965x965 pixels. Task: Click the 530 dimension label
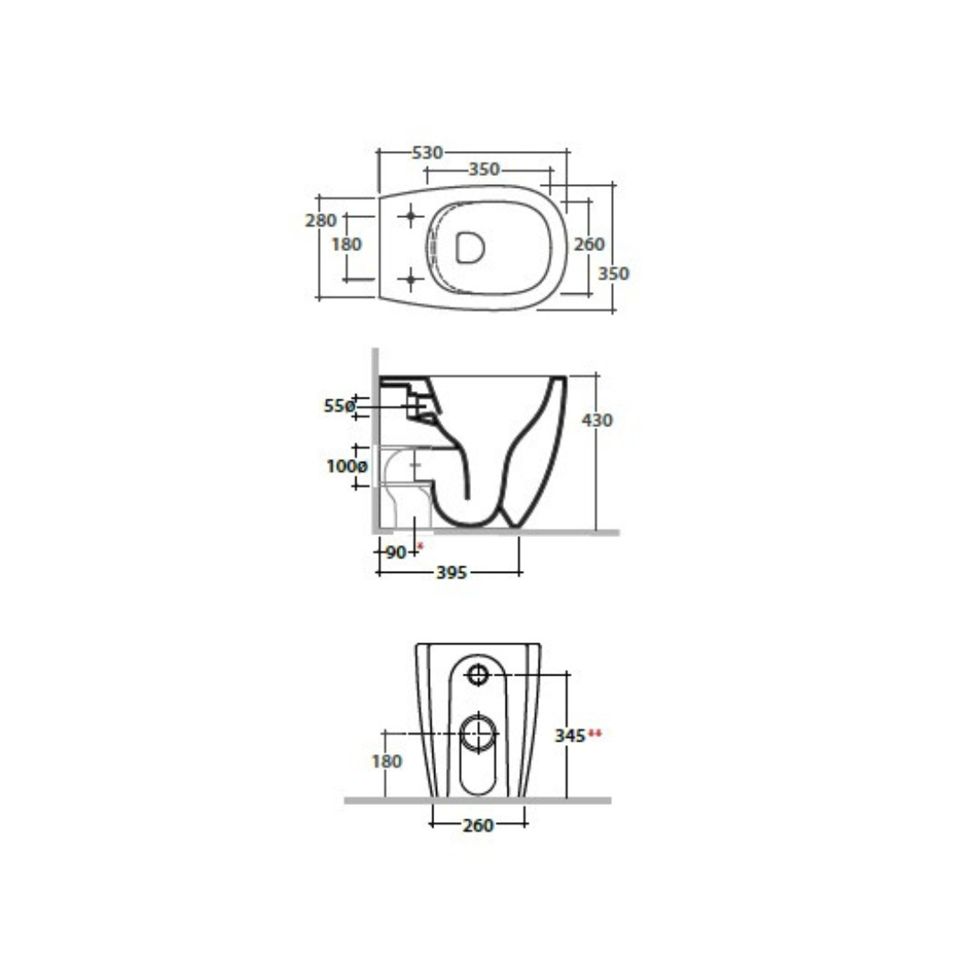[x=427, y=152]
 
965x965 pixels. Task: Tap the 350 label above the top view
[x=484, y=169]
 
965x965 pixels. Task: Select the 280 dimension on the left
[x=321, y=221]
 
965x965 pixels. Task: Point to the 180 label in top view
[x=347, y=244]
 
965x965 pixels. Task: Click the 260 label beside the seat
[x=589, y=244]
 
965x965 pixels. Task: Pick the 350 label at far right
[x=614, y=273]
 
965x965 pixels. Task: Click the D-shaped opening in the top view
[x=470, y=248]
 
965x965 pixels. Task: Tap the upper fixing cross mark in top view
[x=410, y=216]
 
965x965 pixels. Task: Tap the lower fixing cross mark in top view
[x=410, y=280]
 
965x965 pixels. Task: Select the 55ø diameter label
[x=340, y=407]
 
